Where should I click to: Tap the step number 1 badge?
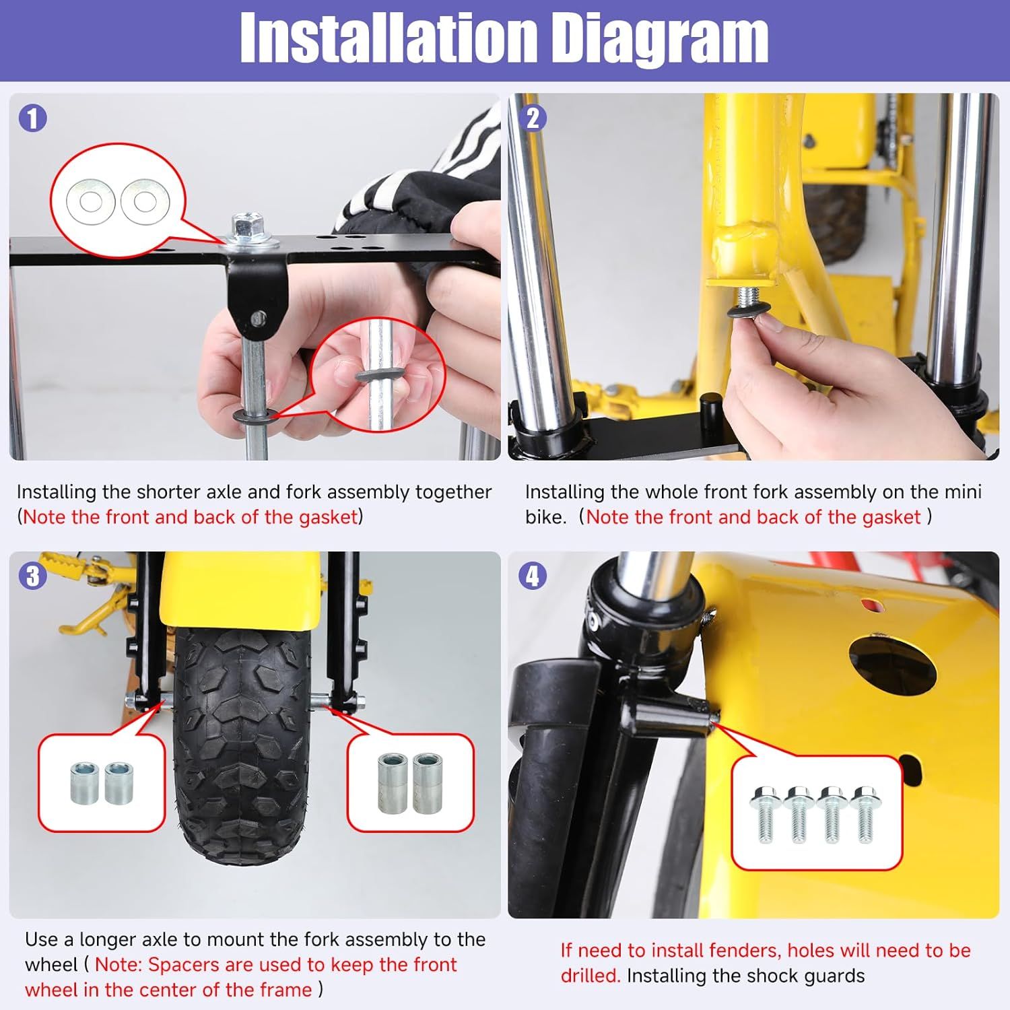tap(33, 119)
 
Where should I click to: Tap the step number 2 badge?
tap(533, 119)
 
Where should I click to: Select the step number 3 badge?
tap(33, 576)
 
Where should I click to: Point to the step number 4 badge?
tap(533, 576)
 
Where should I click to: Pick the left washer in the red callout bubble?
tap(89, 201)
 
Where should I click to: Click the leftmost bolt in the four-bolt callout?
tap(765, 814)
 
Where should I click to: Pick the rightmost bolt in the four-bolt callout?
tap(864, 814)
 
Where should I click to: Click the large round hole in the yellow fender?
tap(891, 666)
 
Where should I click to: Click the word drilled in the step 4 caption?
tap(590, 976)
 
